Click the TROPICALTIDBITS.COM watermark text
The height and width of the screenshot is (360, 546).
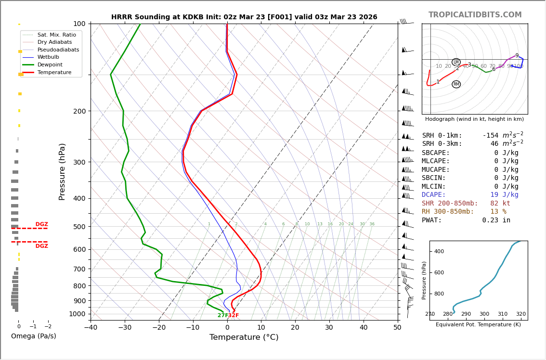coord(475,15)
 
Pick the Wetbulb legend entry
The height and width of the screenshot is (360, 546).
coord(51,57)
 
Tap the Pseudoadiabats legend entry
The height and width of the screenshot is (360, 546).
coord(58,50)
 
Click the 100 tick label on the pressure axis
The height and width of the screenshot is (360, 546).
coord(79,24)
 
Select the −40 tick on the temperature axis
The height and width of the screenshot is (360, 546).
coord(91,328)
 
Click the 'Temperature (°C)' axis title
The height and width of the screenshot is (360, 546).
coord(244,337)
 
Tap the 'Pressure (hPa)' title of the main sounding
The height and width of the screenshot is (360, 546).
coord(63,171)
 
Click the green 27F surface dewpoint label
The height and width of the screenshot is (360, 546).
coord(222,316)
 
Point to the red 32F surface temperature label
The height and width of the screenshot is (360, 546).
coord(234,316)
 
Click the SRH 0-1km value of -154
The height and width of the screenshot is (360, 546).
coord(503,136)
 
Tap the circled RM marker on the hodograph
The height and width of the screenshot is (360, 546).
coord(456,84)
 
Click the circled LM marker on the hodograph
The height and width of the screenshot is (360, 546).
coord(456,62)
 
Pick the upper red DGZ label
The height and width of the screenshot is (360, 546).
coord(41,224)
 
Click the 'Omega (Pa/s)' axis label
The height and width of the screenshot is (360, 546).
coord(34,336)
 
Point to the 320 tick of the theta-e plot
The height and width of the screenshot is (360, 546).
coord(521,314)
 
